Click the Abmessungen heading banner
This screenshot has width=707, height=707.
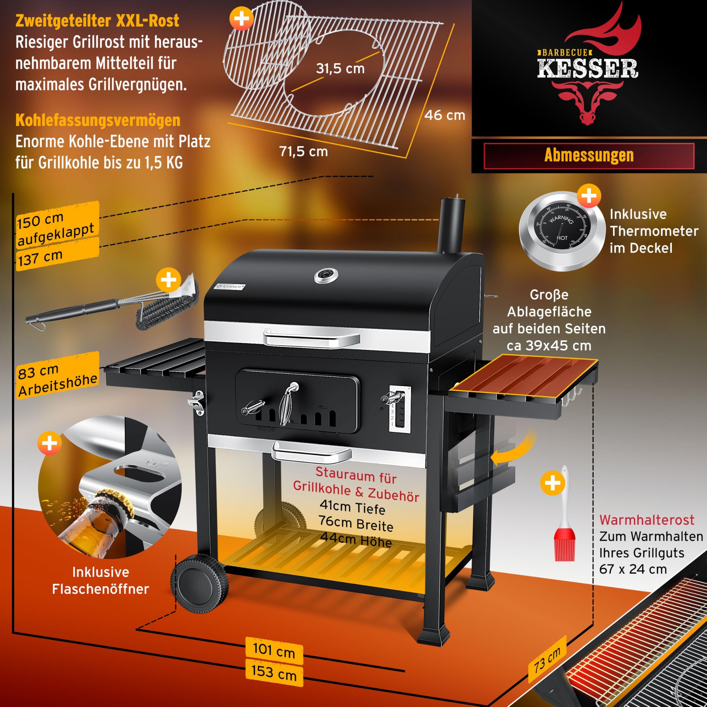point(589,155)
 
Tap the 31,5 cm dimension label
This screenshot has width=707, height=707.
point(340,68)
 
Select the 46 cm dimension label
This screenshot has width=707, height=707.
point(445,115)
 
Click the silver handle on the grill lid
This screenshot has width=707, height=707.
point(311,337)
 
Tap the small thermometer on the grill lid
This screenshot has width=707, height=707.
point(326,276)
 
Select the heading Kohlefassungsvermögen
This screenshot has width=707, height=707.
point(98,120)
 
